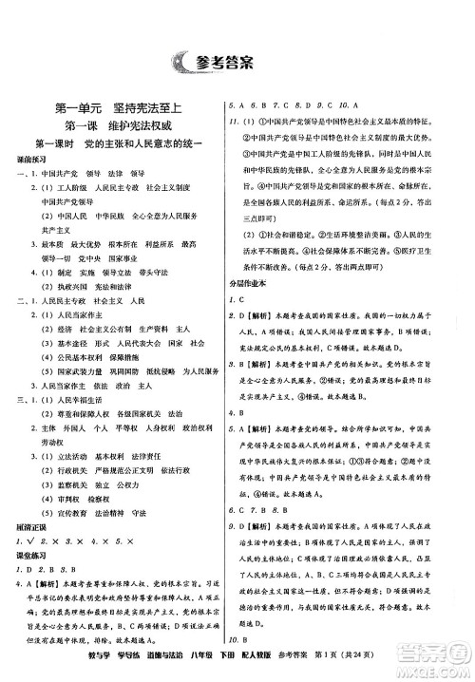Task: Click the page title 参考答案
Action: tap(254, 63)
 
